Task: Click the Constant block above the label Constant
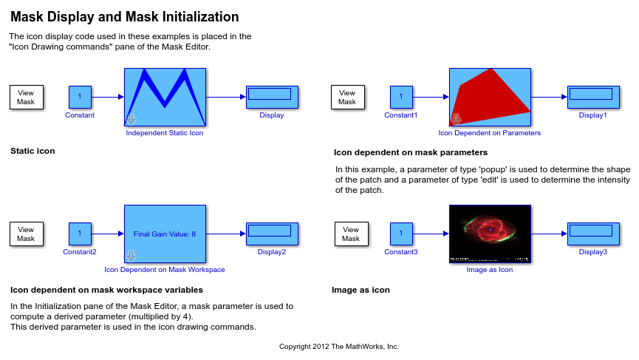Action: coord(80,97)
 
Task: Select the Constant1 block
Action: coord(401,97)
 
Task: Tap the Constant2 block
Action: coord(80,234)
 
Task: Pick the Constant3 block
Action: coord(401,234)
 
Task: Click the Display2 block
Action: coord(273,234)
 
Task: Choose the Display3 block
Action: coord(593,234)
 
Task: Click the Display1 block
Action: coord(593,97)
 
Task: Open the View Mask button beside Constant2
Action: coord(26,234)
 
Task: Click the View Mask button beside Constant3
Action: coord(352,234)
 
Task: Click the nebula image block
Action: coord(491,234)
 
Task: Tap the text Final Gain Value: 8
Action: coord(165,234)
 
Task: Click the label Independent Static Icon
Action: coord(165,133)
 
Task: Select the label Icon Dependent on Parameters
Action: coord(490,133)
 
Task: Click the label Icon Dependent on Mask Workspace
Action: coord(165,270)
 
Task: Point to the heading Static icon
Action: coord(33,151)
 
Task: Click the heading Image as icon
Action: coord(360,290)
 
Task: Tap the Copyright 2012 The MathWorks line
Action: coord(338,347)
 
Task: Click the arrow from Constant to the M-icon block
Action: coord(108,97)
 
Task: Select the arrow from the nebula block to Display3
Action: coord(550,234)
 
